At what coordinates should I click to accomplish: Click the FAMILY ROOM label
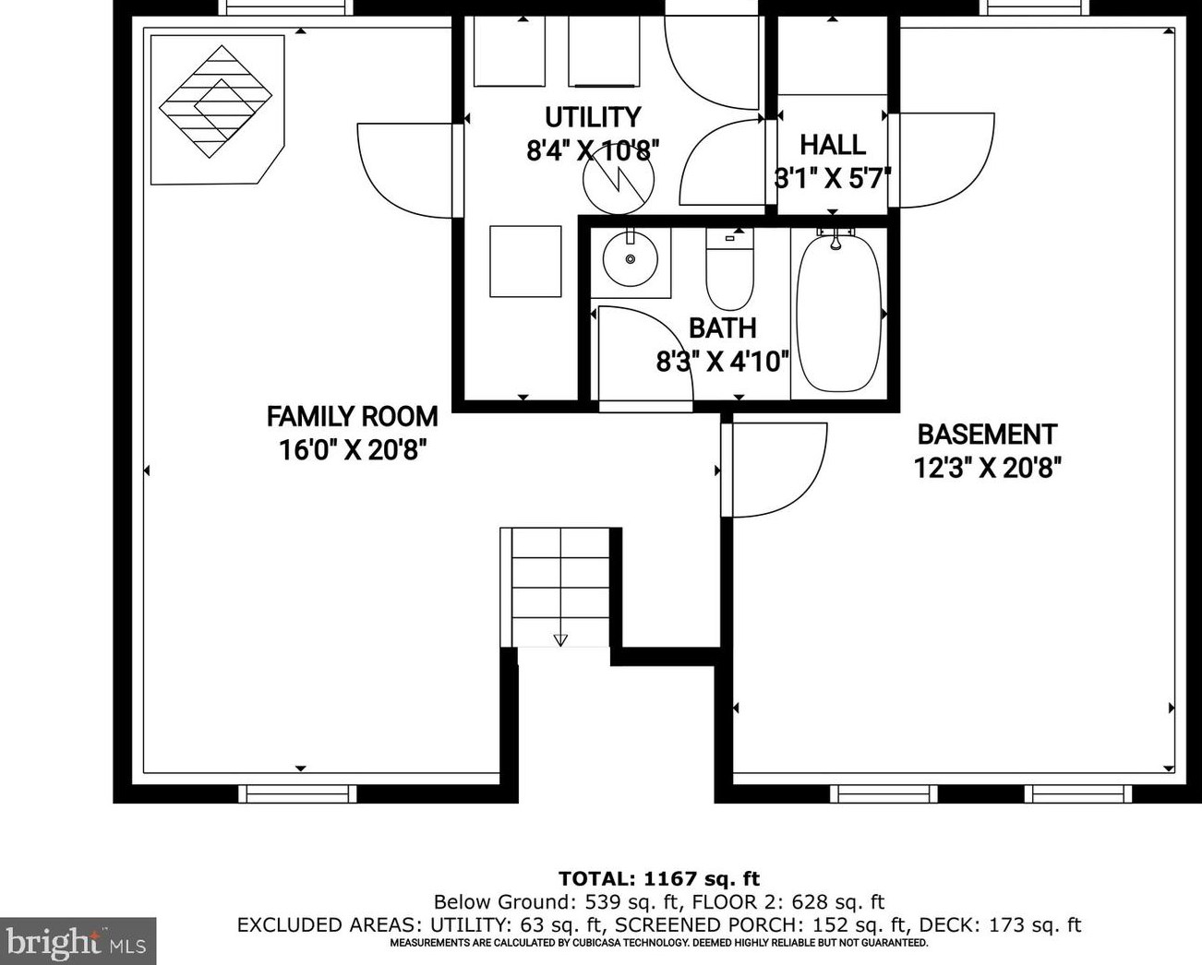tap(352, 416)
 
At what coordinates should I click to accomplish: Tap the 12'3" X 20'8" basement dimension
tap(987, 468)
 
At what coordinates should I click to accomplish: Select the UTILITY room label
tap(593, 117)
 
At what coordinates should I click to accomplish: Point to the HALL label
tap(833, 145)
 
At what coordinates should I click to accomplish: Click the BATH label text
tap(723, 328)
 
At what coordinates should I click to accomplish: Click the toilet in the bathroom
tap(729, 268)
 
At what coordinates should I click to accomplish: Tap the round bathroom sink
tap(631, 259)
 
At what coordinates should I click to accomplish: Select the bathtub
tap(838, 313)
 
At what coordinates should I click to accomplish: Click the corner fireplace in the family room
tap(217, 110)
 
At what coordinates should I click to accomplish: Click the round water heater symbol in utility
tap(619, 180)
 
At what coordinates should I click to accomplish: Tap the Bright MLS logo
tap(77, 942)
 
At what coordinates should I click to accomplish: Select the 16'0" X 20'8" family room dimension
tap(356, 450)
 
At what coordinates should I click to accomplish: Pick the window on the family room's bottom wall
tap(297, 793)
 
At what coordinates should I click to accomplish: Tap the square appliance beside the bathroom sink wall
tap(525, 261)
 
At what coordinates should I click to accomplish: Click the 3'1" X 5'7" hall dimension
tap(832, 179)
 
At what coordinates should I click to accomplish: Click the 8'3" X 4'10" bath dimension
tap(723, 362)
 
